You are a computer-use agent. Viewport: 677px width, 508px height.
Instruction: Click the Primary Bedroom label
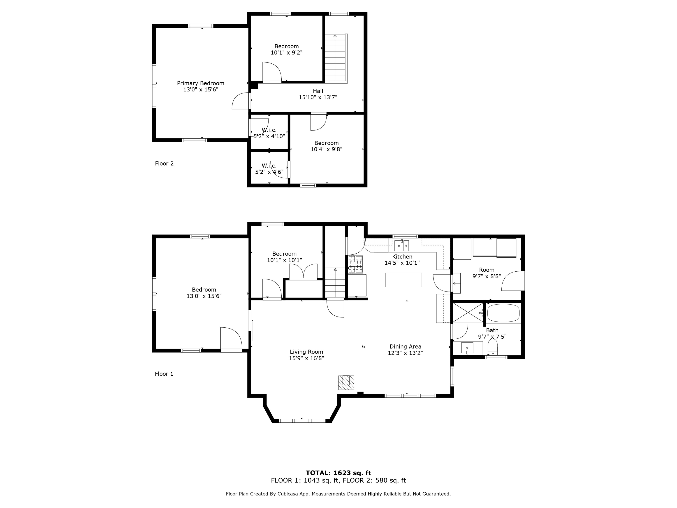(x=200, y=83)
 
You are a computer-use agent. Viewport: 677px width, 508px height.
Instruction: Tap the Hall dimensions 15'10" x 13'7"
(x=318, y=97)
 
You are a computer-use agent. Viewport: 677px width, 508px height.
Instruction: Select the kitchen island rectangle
(x=403, y=280)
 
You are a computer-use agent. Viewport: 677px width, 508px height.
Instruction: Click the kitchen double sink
(x=401, y=245)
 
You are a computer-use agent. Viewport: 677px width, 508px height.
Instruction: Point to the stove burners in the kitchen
(x=356, y=264)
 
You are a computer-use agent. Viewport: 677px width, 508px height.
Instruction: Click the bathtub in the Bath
(x=503, y=313)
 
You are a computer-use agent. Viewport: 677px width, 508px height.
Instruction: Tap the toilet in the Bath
(x=492, y=347)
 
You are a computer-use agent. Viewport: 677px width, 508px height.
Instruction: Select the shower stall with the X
(x=468, y=312)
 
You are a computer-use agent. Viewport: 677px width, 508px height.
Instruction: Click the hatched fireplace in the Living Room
(x=346, y=382)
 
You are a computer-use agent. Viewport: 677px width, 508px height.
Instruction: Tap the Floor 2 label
(x=164, y=163)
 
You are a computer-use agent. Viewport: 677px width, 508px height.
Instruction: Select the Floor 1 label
(x=164, y=374)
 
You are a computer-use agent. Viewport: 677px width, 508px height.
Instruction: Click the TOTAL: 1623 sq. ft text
(x=338, y=473)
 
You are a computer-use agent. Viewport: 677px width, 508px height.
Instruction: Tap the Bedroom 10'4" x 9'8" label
(x=326, y=146)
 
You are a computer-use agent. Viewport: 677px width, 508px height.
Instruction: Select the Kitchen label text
(x=402, y=257)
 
